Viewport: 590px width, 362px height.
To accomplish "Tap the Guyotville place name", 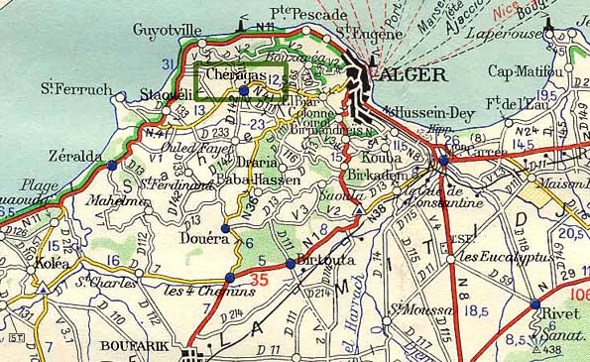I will click(165, 30).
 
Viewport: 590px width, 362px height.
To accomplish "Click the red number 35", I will click(260, 281).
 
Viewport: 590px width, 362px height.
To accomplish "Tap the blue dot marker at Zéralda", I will click(111, 166).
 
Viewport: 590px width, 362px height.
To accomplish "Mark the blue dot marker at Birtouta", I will click(290, 263).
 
